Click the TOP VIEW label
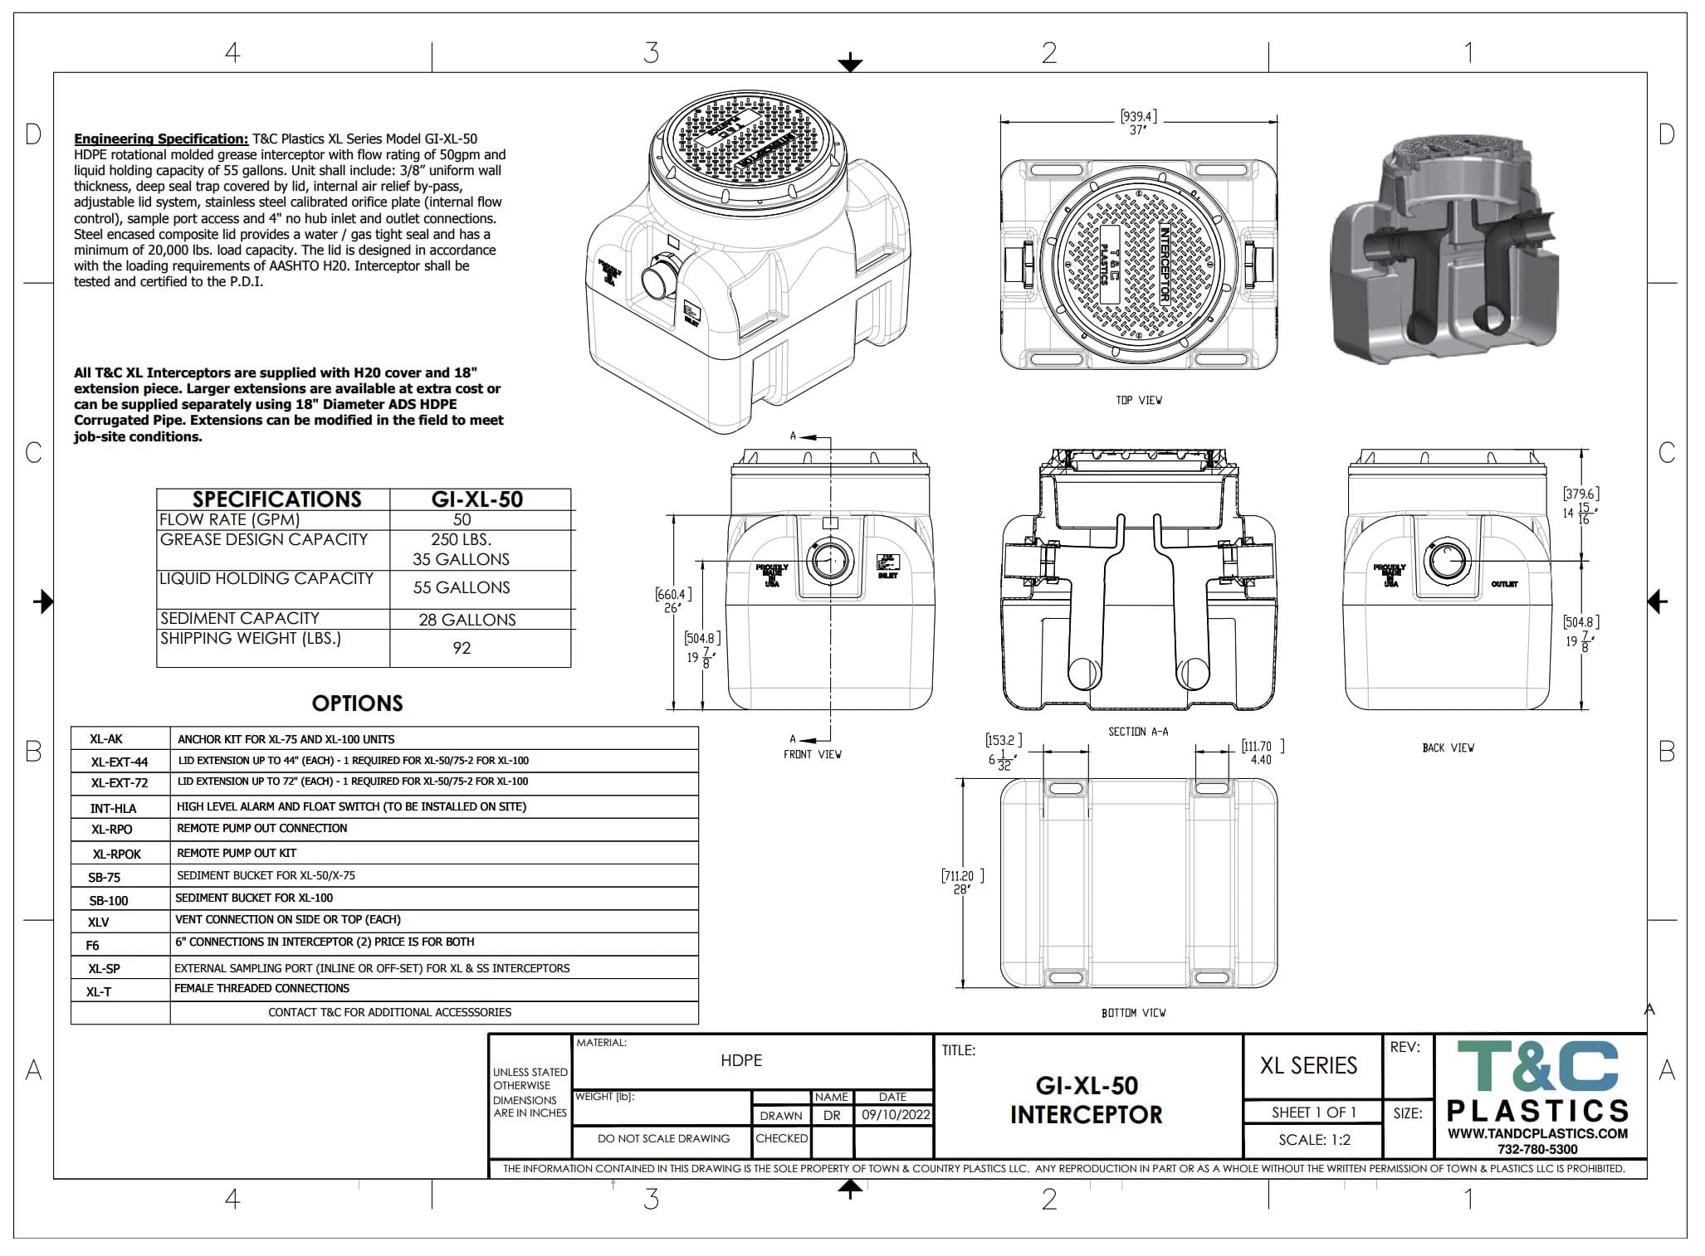1138,401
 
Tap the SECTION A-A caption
1137,732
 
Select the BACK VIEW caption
1448,748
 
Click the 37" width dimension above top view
1137,131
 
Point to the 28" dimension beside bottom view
961,889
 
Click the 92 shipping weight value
462,649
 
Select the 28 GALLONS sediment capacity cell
467,621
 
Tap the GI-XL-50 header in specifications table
477,499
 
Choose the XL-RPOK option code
116,854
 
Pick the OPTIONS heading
357,703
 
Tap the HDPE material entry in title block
740,1060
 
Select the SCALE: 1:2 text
1314,1140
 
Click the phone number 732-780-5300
1537,1149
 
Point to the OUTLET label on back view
1504,584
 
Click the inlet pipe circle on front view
829,562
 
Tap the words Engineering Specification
160,139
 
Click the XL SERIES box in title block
1308,1066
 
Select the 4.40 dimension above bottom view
1260,760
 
